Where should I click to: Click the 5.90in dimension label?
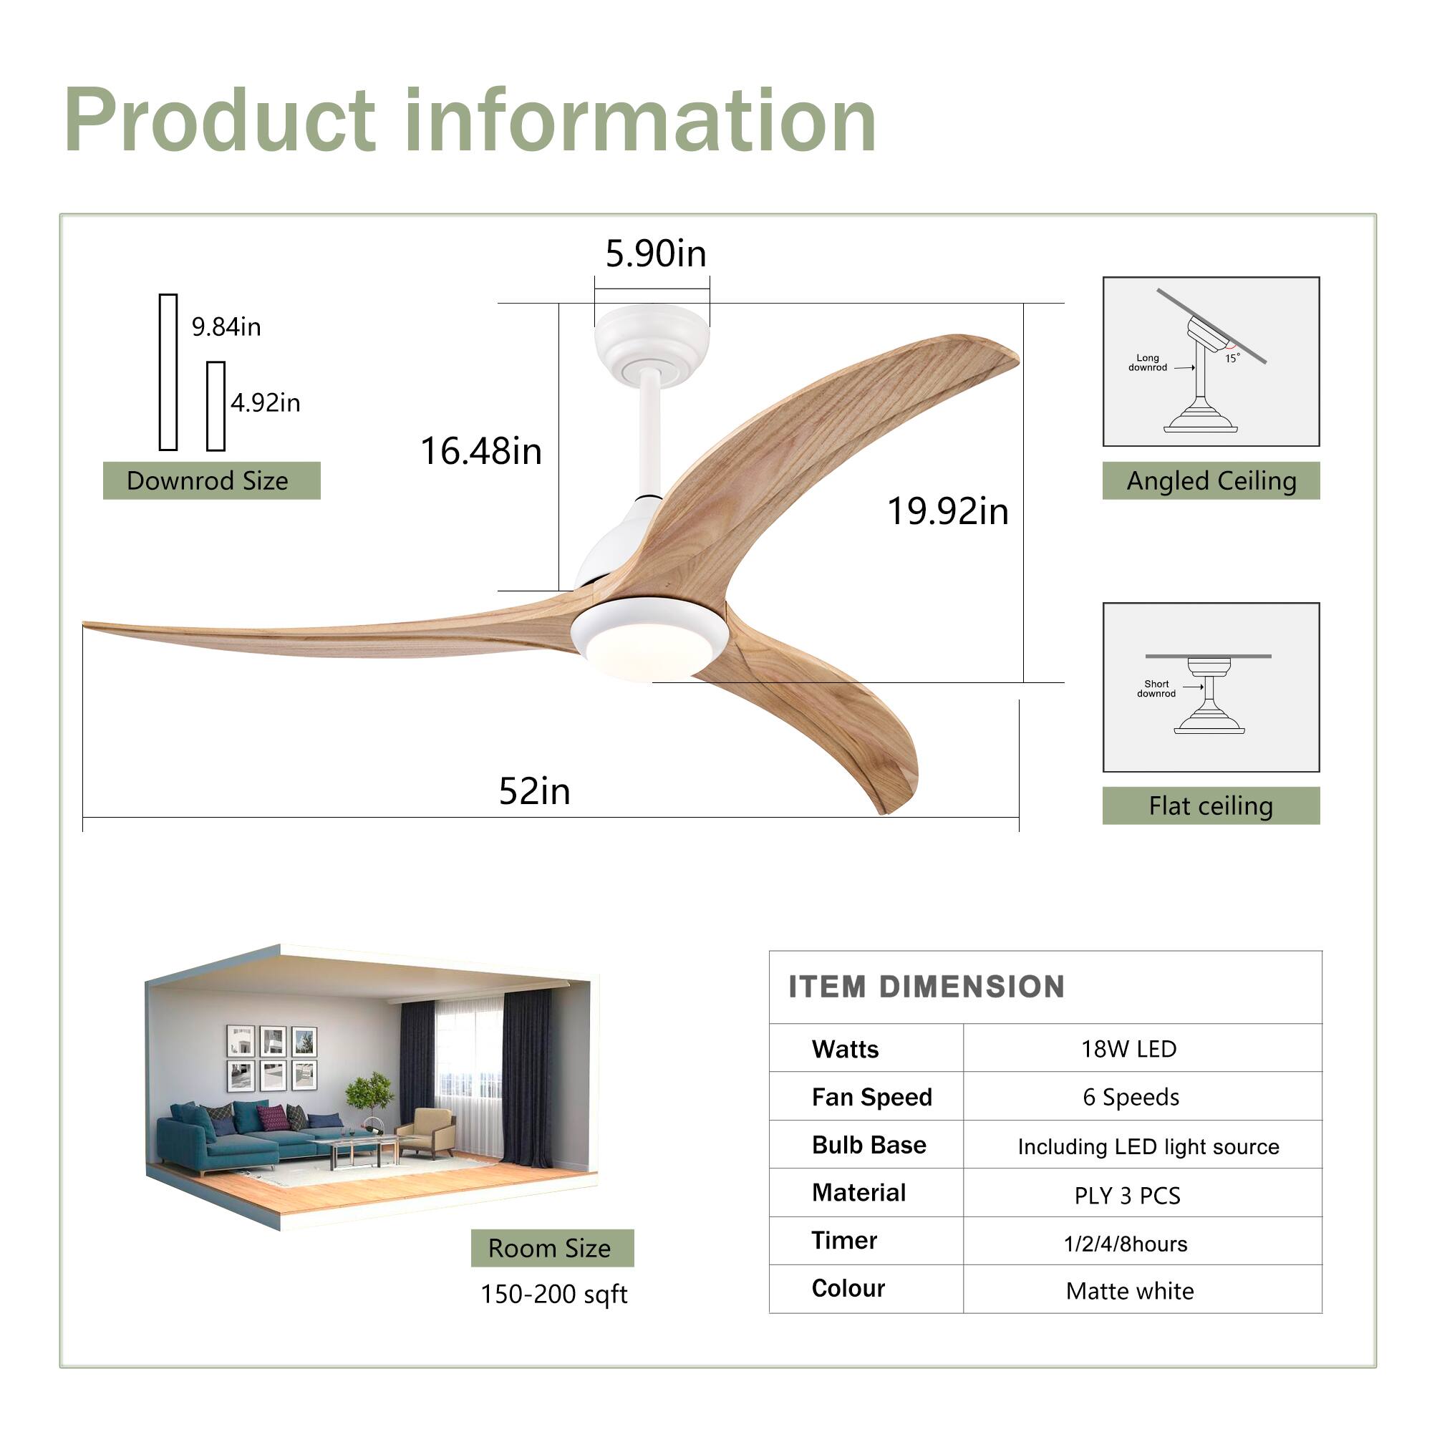655,254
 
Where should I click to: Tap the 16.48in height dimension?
481,450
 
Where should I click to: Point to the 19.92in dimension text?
947,511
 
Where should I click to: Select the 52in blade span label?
534,791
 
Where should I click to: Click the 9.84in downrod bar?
168,372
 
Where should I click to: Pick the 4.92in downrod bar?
216,406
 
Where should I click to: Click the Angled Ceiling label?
1211,480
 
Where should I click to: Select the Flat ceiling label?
1211,805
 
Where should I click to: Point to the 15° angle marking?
1232,358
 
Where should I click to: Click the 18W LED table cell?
1128,1049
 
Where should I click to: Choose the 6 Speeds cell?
1131,1097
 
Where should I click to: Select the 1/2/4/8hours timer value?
1125,1244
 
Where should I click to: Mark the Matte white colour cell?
1130,1291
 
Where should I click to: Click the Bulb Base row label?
869,1145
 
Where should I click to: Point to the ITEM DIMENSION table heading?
927,987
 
